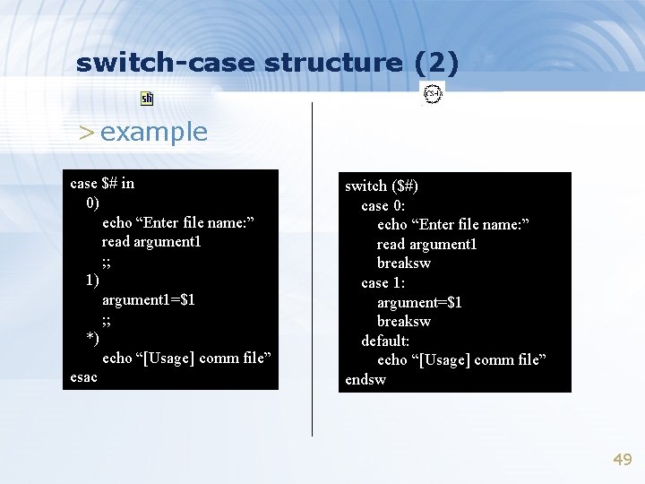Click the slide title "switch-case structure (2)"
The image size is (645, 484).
tap(267, 63)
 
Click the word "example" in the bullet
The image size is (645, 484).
tap(154, 133)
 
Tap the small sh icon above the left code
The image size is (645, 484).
tap(147, 99)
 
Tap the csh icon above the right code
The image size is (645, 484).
tap(434, 93)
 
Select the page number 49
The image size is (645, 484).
tap(622, 460)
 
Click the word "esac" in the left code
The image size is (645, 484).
tap(84, 377)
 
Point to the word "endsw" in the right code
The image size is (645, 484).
tap(365, 379)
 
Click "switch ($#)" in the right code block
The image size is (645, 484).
tap(382, 186)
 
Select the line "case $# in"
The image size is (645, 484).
tap(102, 184)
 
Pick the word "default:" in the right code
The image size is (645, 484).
tap(385, 341)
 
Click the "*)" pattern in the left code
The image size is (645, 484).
tap(92, 339)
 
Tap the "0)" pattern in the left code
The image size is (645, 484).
tap(92, 203)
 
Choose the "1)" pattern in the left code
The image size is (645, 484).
tap(92, 281)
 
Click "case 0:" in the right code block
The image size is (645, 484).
tap(383, 206)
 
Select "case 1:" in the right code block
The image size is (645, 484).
tap(383, 283)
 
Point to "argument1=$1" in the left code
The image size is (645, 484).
tap(149, 299)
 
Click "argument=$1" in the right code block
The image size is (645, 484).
tap(419, 302)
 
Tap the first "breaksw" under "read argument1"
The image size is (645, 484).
tap(404, 264)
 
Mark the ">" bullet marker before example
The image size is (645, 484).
tap(86, 134)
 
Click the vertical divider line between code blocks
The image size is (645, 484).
tap(312, 269)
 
